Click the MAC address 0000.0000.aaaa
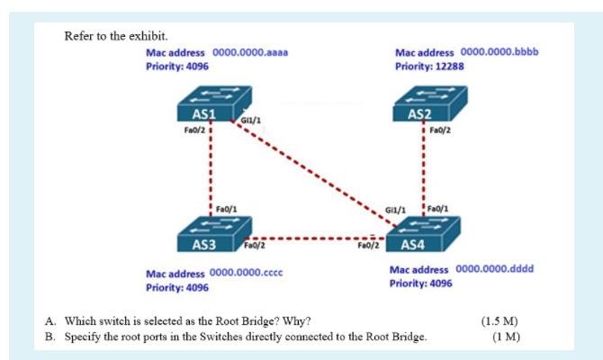tap(249, 53)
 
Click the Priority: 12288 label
tap(428, 67)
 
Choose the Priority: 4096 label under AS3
tap(177, 287)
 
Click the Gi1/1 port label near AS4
tap(395, 210)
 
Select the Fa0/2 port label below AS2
tap(440, 130)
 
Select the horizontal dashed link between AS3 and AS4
tap(310, 240)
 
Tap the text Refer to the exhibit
tap(103, 36)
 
